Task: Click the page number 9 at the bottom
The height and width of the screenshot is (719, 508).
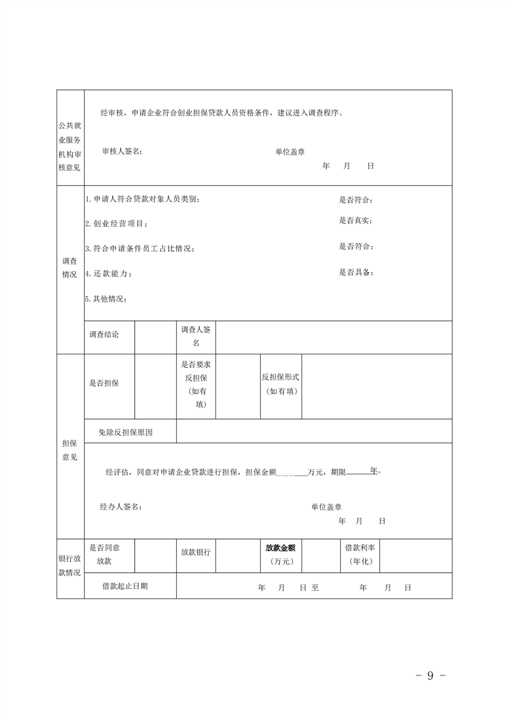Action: click(430, 675)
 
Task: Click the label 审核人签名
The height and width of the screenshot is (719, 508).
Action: click(122, 151)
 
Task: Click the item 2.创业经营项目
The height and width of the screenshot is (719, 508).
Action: click(117, 224)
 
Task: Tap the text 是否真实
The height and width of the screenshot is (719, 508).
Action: click(356, 220)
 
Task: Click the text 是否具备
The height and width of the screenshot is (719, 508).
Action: click(356, 272)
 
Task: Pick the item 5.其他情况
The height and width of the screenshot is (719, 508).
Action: click(106, 299)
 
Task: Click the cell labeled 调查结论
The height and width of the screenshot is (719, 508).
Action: click(104, 335)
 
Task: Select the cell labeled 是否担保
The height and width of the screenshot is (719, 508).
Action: click(104, 383)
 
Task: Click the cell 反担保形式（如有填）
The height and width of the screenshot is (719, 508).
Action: click(281, 384)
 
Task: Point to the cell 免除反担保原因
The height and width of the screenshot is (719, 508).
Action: click(126, 432)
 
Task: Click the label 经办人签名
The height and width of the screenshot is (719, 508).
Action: click(121, 506)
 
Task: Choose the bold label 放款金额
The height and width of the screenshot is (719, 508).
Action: click(281, 548)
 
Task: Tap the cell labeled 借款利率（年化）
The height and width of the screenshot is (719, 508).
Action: click(360, 554)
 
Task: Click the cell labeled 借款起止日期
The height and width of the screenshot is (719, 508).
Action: click(126, 586)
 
